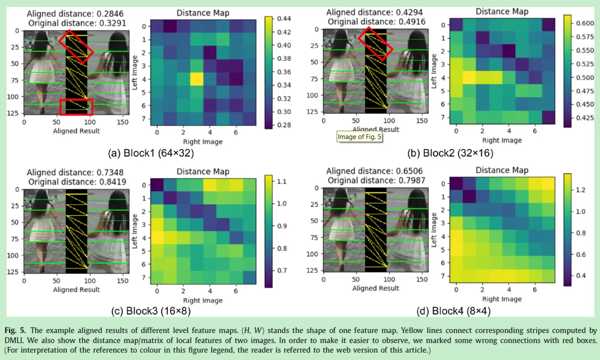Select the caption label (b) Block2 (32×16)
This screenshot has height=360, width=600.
pos(451,153)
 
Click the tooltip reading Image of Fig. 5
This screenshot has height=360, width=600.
pos(360,137)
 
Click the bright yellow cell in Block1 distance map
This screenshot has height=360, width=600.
pos(196,79)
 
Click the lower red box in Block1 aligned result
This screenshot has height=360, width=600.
pos(76,107)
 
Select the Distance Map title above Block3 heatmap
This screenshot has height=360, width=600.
pos(203,172)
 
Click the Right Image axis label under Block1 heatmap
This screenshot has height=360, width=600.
pos(203,142)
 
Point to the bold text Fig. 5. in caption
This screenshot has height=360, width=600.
pos(16,330)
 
